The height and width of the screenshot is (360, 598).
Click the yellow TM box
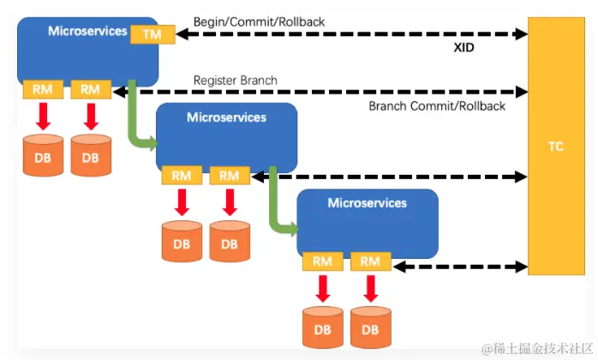coord(152,34)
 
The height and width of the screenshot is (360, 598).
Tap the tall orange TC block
coord(556,146)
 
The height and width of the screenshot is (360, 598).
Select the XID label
coord(464,48)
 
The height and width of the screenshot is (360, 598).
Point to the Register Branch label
coord(235,81)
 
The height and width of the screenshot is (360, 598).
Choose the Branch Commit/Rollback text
coord(437,106)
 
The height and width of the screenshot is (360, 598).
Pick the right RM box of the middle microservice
coord(229,176)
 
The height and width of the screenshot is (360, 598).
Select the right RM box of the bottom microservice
coord(370,261)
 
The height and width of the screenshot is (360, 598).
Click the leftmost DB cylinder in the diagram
coord(42,155)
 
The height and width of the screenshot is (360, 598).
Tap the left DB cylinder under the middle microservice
coord(182,241)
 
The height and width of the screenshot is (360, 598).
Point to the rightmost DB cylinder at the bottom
coord(370,327)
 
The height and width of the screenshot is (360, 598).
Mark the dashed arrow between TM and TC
coord(351,34)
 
